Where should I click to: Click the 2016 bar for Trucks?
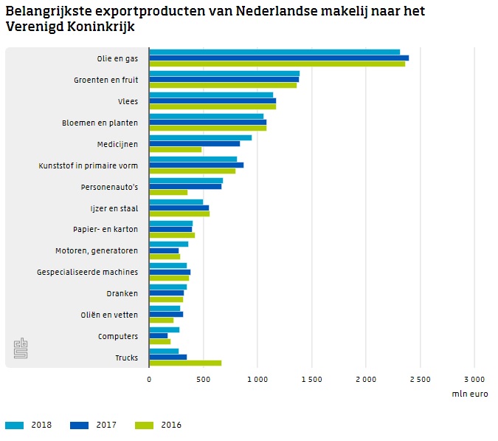coord(185,363)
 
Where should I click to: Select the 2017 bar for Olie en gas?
coord(279,58)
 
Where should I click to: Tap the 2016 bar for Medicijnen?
coord(175,150)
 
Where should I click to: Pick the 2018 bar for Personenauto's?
coord(186,180)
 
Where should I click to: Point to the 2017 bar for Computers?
coord(158,336)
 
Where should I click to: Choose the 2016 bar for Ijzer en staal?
coord(179,214)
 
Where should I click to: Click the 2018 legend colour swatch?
coord(15,425)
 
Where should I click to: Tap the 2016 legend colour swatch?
coord(146,425)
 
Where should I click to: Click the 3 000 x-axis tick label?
coord(474,378)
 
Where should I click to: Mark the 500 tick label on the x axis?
coord(203,378)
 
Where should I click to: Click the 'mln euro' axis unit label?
coord(470,394)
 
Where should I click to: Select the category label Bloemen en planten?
coord(100,123)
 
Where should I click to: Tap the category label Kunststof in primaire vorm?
coord(88,165)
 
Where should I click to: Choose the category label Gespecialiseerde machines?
coord(87,273)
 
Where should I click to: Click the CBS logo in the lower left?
coord(21,349)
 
